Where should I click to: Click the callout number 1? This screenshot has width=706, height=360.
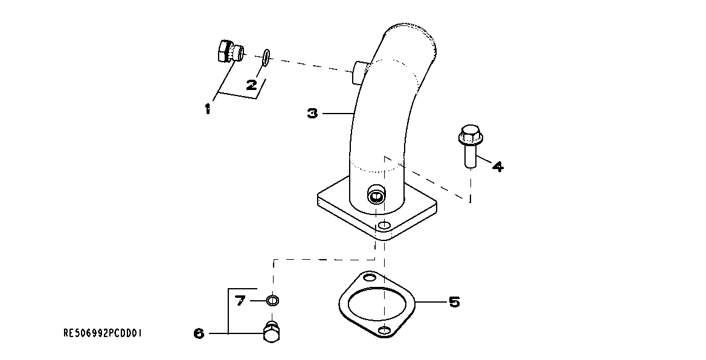(x=207, y=109)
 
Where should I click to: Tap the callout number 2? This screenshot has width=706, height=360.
(x=252, y=85)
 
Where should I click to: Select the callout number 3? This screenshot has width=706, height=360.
(x=312, y=113)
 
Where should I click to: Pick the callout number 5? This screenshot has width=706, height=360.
(x=454, y=301)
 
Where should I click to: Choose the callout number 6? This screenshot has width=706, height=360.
(x=199, y=333)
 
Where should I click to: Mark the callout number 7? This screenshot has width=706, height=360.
(x=240, y=300)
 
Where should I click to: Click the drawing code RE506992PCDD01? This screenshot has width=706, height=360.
(x=103, y=333)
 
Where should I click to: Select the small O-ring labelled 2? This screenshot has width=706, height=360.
(x=266, y=57)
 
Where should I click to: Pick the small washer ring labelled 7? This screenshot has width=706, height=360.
(x=272, y=300)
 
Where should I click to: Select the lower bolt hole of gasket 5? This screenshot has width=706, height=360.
(x=385, y=330)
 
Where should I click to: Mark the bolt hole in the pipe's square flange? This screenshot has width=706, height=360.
(x=382, y=227)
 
